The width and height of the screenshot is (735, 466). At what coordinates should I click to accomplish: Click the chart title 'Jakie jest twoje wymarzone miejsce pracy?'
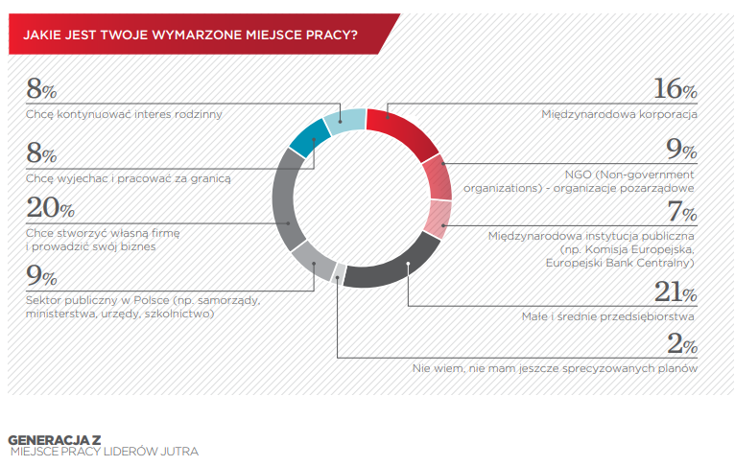pos(190,35)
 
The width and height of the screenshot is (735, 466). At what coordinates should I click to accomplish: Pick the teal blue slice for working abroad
pos(309,138)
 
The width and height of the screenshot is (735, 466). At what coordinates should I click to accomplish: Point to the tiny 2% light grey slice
pos(339,274)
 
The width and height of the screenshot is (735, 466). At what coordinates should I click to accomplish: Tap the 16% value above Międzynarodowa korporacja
pos(676,88)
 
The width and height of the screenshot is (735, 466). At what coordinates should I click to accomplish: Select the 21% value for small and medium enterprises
pos(676,291)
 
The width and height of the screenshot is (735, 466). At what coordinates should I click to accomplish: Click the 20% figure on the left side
pos(50,207)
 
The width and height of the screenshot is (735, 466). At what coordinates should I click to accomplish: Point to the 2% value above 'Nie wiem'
pos(682,344)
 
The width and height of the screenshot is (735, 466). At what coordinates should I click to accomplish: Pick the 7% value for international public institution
pos(682,211)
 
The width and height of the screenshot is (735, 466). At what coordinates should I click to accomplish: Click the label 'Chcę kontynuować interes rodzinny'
pos(124,114)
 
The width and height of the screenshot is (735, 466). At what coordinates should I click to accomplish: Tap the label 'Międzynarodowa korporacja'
pos(619,114)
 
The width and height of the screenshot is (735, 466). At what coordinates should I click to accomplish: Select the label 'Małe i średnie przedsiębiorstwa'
pos(608,316)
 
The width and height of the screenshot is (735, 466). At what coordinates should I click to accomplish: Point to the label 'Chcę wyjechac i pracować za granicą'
pos(129,178)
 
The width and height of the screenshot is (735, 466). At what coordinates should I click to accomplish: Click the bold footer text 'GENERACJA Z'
pos(55,440)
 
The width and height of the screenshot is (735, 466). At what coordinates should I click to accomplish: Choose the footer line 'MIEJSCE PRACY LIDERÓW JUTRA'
pos(104,452)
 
